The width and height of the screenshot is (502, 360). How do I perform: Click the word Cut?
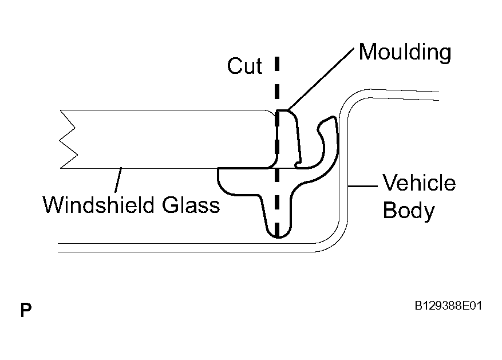tap(244, 66)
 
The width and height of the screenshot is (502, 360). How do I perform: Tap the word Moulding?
tap(405, 53)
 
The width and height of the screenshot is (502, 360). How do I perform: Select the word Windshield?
tap(100, 205)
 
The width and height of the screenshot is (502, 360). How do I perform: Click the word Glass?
tap(191, 205)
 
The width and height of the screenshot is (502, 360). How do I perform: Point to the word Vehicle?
tap(419, 183)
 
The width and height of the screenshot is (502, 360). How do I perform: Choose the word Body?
tap(409, 211)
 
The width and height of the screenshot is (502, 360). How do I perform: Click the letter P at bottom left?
tap(26, 310)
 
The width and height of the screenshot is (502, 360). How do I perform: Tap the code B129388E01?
tap(448, 306)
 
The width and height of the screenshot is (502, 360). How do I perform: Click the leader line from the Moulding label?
tap(321, 79)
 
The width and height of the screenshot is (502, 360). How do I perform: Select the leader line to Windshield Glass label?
tap(118, 180)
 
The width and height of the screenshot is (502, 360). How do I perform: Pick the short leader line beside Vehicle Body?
tap(363, 185)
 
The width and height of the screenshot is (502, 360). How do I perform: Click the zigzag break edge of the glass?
tap(68, 139)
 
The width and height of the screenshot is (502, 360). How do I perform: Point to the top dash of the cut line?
tap(277, 64)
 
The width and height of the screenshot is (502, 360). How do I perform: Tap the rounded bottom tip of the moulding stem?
tap(278, 236)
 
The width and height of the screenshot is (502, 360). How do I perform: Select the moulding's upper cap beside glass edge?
tap(287, 134)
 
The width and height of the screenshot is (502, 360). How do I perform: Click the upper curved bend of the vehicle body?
tap(352, 99)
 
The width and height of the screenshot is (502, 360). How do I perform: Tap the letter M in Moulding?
tap(367, 52)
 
